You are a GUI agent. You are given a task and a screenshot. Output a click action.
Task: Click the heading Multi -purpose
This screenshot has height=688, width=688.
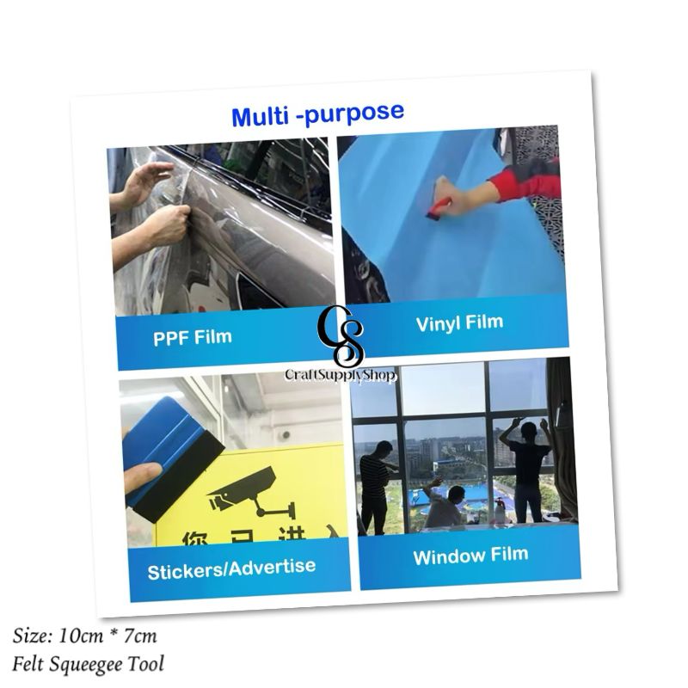[317, 114]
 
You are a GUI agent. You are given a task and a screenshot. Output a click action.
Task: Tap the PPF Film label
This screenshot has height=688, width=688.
[193, 335]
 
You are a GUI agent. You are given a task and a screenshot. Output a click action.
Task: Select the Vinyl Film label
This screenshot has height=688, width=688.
[459, 324]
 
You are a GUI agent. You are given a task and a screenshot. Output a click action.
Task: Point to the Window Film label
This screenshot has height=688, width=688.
[470, 556]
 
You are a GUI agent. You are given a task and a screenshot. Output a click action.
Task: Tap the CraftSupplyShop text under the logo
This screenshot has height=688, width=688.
[341, 376]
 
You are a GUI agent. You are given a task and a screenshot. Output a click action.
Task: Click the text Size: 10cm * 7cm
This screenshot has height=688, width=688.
[85, 636]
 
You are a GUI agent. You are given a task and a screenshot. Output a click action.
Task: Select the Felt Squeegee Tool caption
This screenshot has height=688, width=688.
[88, 663]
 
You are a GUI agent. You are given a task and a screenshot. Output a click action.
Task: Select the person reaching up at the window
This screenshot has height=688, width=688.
[525, 464]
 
